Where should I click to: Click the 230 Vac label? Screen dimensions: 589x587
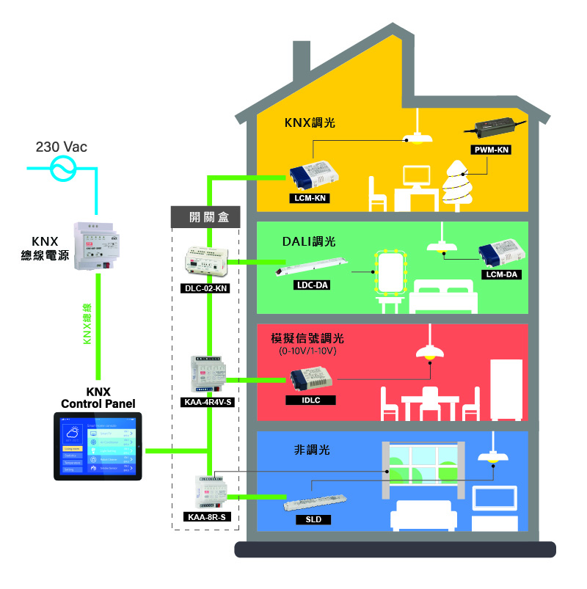coord(62,147)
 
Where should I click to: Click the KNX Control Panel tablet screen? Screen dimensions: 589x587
coord(98,447)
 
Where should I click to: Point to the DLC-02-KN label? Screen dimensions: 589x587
coord(205,288)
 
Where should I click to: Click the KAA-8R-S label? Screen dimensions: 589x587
coord(206,517)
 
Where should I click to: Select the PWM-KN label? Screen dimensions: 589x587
coord(490,150)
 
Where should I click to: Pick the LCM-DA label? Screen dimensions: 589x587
coord(502,274)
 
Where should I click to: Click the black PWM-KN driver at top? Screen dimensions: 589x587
coord(495,128)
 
